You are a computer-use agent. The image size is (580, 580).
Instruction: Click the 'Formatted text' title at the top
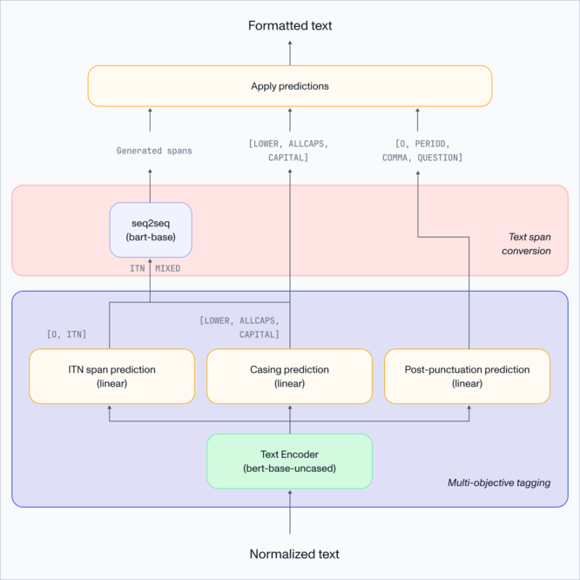[290, 25]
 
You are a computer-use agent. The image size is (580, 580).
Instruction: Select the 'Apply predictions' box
[290, 86]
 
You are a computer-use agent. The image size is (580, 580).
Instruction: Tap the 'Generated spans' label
[154, 151]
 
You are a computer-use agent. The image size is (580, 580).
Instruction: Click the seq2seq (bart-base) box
[151, 230]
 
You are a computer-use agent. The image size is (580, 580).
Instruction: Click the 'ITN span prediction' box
[111, 376]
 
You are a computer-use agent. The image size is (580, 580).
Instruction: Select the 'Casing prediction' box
[289, 376]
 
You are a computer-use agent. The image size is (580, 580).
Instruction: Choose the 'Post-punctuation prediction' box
[467, 376]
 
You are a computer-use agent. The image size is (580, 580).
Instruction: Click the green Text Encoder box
[289, 462]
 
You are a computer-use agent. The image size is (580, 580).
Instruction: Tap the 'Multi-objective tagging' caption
[499, 482]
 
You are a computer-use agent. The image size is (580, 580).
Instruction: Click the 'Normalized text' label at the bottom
[294, 554]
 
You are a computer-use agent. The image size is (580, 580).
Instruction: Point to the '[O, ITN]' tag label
[66, 334]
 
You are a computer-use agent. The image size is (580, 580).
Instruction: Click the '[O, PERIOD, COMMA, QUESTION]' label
[422, 150]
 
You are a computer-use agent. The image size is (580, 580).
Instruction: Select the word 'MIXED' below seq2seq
[168, 268]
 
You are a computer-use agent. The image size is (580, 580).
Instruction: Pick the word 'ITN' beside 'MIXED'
[137, 268]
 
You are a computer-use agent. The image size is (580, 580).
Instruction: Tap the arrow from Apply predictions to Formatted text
[290, 52]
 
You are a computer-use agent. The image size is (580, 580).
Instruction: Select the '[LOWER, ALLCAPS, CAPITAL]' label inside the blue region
[239, 327]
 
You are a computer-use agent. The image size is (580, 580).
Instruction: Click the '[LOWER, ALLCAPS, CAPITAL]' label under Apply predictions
[290, 150]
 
